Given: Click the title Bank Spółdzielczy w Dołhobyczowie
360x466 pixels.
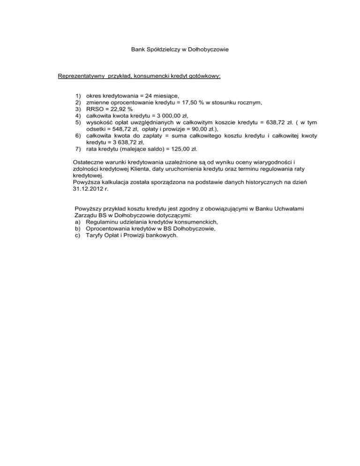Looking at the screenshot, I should [180, 48].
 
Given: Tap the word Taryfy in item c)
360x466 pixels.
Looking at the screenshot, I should [96, 236].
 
